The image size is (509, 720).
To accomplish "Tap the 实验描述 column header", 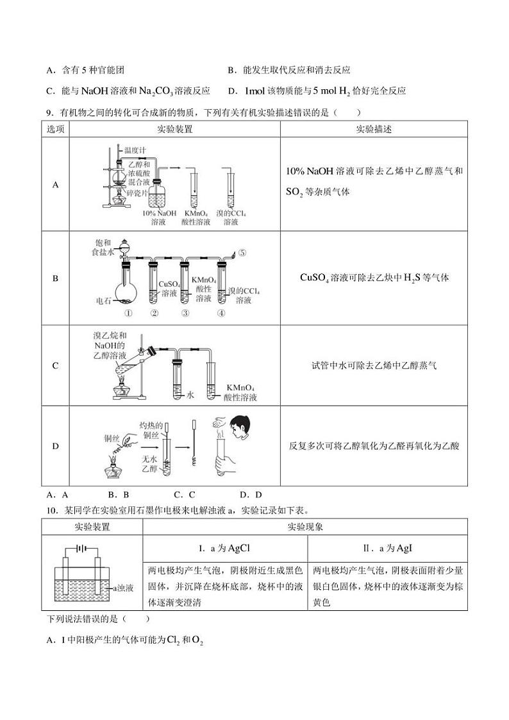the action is (x=374, y=129).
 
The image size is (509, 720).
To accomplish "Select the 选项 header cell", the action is (x=56, y=129).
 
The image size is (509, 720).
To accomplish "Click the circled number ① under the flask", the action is (x=128, y=314).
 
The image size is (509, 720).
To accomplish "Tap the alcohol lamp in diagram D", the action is (x=113, y=470).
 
